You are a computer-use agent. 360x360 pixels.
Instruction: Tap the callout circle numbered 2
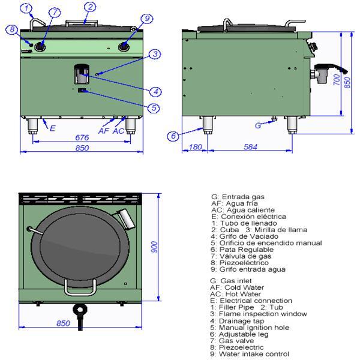coord(89,7)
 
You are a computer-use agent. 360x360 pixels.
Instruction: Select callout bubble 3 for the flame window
coord(155,55)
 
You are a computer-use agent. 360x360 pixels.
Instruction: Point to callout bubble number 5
coord(154,108)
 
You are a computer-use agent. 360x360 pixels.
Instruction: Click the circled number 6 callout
coord(173,136)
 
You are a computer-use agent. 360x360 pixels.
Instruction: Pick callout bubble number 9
coord(132,19)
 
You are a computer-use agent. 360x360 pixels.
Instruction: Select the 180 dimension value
coord(194,146)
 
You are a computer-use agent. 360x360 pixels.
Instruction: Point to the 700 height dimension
coord(336,80)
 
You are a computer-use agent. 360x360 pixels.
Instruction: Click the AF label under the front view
coord(103,131)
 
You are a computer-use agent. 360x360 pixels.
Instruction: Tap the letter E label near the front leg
coord(53,128)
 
